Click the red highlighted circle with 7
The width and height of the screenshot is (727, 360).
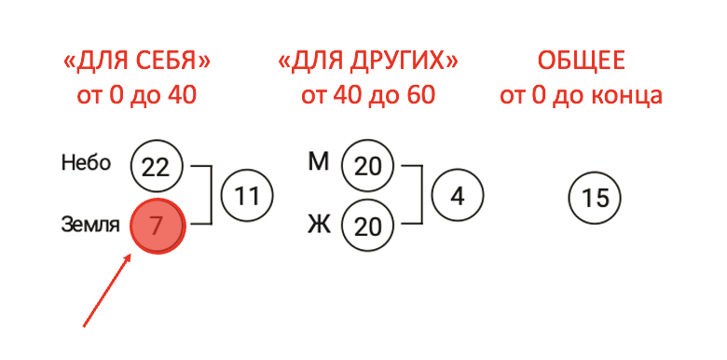[x=158, y=226]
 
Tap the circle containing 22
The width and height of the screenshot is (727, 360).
[x=157, y=166]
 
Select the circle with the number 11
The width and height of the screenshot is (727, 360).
[x=246, y=196]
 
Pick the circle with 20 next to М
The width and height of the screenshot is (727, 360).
[x=368, y=166]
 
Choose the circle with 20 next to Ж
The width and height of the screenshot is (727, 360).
[x=368, y=226]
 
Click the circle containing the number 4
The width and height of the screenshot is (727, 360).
[x=457, y=196]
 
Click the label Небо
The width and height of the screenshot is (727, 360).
[x=86, y=163]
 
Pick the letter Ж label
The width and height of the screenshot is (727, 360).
[x=319, y=225]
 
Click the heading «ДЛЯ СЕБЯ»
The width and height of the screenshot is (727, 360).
[x=136, y=62]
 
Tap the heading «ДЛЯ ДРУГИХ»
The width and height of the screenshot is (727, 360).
[x=367, y=62]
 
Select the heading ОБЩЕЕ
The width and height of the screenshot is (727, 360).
[x=581, y=62]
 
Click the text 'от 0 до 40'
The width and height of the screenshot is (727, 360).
[x=136, y=95]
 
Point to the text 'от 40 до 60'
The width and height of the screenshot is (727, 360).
[x=367, y=95]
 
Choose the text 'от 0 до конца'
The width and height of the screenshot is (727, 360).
[x=581, y=95]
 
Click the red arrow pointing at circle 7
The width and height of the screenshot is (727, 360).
[x=108, y=293]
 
